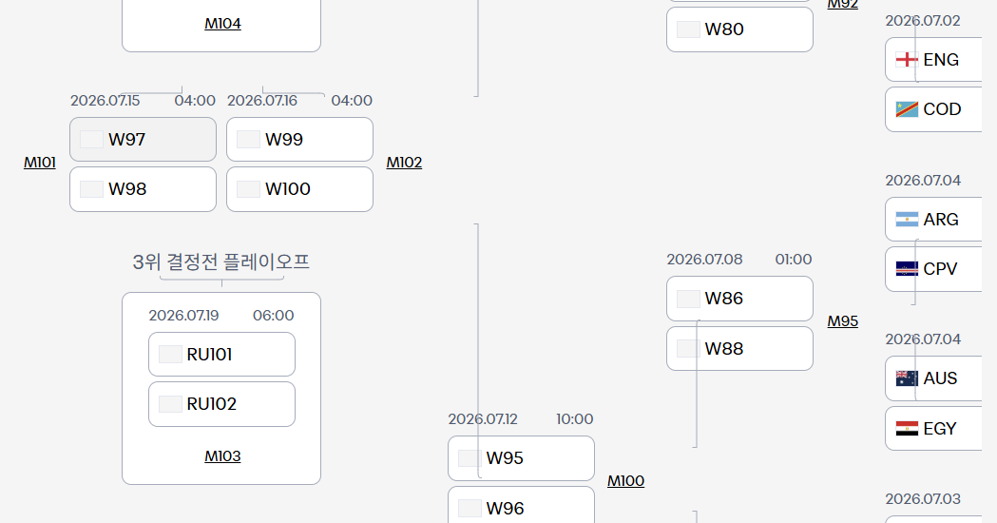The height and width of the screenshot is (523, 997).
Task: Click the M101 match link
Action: (x=39, y=163)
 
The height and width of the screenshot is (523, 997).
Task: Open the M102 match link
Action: (x=404, y=163)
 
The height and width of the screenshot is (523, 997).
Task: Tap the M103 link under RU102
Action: (x=222, y=456)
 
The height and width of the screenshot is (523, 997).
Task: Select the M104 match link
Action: (x=222, y=24)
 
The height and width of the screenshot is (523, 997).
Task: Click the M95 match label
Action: (x=842, y=321)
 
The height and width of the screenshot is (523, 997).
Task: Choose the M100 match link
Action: (x=625, y=481)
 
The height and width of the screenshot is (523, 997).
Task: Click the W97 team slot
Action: (x=144, y=140)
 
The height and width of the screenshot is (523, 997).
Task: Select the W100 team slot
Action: (x=299, y=189)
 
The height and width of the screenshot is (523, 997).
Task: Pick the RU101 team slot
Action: (x=221, y=355)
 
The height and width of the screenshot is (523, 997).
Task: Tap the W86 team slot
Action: (x=739, y=299)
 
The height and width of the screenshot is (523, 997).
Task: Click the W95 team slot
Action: (x=522, y=458)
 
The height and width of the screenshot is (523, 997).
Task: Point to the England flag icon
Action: (x=907, y=60)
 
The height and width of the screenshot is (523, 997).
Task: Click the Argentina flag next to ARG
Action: (x=907, y=220)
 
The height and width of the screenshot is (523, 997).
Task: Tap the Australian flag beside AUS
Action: (x=907, y=378)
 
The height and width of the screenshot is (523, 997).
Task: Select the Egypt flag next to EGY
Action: (x=907, y=429)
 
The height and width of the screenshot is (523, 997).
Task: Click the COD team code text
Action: (x=942, y=109)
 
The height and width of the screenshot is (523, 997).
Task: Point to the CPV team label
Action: (x=940, y=269)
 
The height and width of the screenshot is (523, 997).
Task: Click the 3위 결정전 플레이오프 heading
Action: (x=221, y=262)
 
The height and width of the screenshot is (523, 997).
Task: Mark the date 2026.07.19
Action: (x=183, y=316)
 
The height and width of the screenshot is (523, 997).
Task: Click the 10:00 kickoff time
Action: (x=575, y=419)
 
